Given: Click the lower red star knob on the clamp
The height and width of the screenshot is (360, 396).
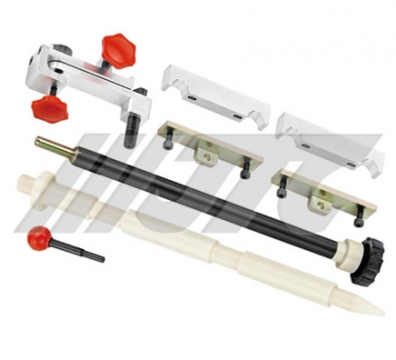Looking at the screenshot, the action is (49, 110).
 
